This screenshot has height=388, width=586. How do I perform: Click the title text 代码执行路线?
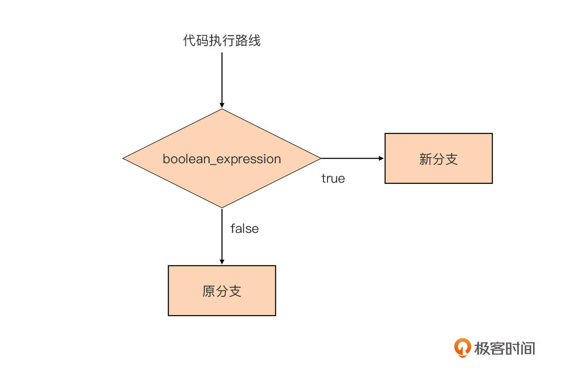pos(222,41)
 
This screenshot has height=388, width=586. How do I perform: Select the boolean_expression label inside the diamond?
pos(222,159)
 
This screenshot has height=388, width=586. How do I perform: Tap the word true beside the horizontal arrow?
pos(333,179)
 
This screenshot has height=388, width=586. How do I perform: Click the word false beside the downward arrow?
pos(244,229)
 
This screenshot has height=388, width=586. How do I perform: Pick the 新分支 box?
pos(438,158)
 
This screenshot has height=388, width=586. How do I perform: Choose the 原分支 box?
pos(222,290)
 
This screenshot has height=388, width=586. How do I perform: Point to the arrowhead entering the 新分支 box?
pos(381,158)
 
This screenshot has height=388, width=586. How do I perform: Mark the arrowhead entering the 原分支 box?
pos(222,262)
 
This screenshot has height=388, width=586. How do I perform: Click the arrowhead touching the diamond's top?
pos(222,105)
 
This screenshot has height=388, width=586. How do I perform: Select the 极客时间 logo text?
pos(505,348)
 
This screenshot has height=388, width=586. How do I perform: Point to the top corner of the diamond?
pos(222,109)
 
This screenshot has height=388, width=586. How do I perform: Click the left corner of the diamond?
pos(124,158)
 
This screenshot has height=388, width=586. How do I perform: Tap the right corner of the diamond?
pos(320,158)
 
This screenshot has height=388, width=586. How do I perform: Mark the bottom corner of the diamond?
pos(222,207)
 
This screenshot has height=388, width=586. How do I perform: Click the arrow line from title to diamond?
pos(222,77)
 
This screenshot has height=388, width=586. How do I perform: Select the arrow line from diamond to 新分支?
pos(350,158)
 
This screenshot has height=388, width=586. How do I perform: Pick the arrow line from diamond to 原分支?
pos(222,235)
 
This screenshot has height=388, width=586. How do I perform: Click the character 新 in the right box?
pos(426,159)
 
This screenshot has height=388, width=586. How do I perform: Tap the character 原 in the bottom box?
pos(209,291)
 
